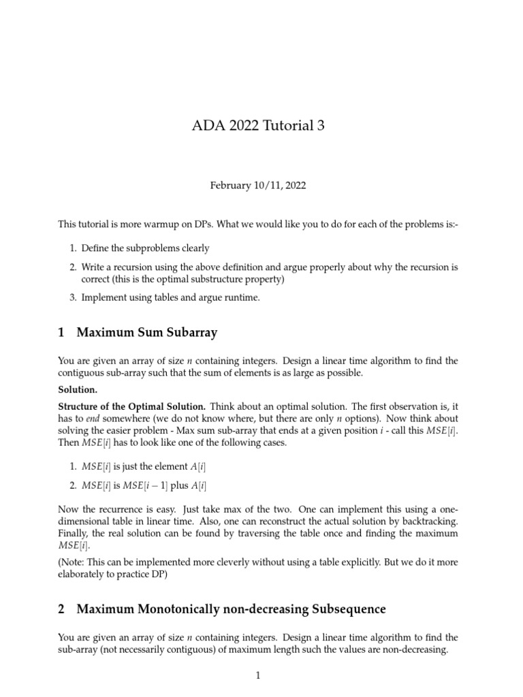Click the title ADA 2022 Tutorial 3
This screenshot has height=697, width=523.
tap(261, 127)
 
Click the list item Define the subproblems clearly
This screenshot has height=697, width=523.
tap(145, 248)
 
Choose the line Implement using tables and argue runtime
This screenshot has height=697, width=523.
tap(170, 297)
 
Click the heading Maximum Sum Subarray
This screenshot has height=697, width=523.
tap(147, 333)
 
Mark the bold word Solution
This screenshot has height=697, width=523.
tap(78, 389)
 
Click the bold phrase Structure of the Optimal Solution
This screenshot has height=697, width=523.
tap(129, 406)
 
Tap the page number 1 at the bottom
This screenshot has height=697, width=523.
tap(259, 676)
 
